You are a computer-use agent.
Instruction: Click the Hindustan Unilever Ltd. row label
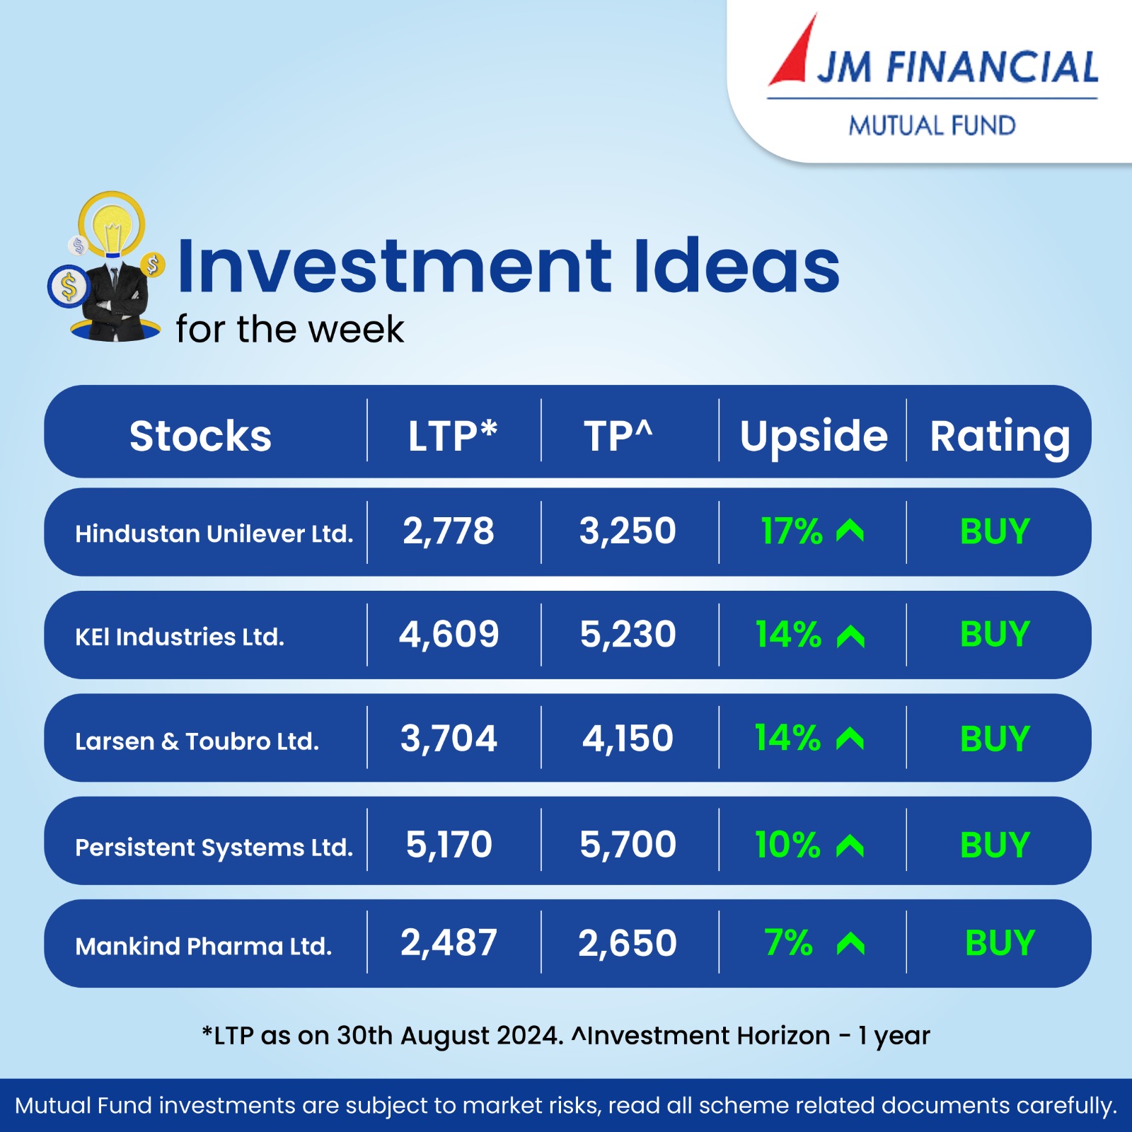(214, 533)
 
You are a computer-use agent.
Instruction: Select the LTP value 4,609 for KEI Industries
(449, 634)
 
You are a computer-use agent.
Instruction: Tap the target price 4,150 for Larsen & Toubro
(628, 739)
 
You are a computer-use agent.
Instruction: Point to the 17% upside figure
(792, 531)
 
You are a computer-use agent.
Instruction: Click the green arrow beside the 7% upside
(850, 943)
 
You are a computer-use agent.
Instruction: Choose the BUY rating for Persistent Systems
(995, 845)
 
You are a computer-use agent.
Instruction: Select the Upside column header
(814, 436)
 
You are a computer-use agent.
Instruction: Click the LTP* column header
(453, 435)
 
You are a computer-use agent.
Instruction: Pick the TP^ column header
(618, 435)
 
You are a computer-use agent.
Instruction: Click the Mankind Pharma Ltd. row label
(204, 947)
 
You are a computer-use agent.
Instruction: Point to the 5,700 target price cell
(628, 845)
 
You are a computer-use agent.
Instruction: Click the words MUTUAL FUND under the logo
(932, 126)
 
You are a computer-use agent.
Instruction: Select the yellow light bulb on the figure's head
(111, 225)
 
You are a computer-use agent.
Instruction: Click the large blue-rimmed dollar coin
(69, 287)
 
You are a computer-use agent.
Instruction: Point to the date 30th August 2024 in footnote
(449, 1036)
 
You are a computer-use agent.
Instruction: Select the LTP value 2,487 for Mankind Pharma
(449, 943)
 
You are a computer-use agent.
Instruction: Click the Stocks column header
(200, 436)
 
